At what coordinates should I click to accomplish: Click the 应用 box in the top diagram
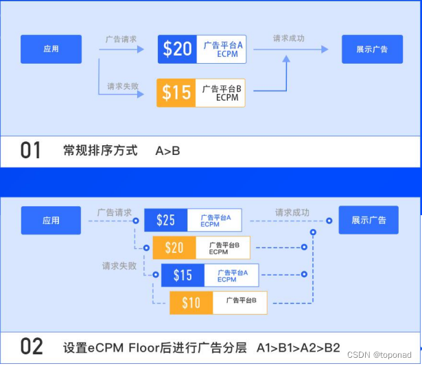click(51, 49)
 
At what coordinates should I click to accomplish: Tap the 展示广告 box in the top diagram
click(372, 49)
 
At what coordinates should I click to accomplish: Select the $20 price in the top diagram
click(177, 49)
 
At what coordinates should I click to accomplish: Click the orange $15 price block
click(176, 93)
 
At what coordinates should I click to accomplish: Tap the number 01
click(31, 150)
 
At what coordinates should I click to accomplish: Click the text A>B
click(167, 150)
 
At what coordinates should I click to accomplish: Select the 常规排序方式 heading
click(100, 150)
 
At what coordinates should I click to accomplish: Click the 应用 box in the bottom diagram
click(51, 221)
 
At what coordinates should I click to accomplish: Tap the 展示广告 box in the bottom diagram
click(368, 221)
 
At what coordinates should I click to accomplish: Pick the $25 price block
click(165, 220)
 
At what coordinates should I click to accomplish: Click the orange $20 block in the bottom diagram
click(174, 247)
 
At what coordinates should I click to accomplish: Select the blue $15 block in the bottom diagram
click(183, 275)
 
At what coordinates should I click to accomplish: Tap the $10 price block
click(191, 302)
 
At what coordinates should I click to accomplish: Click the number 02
click(32, 347)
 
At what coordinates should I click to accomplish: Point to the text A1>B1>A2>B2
click(298, 347)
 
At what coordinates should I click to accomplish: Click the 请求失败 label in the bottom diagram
click(119, 265)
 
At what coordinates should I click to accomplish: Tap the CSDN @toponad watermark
click(379, 355)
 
